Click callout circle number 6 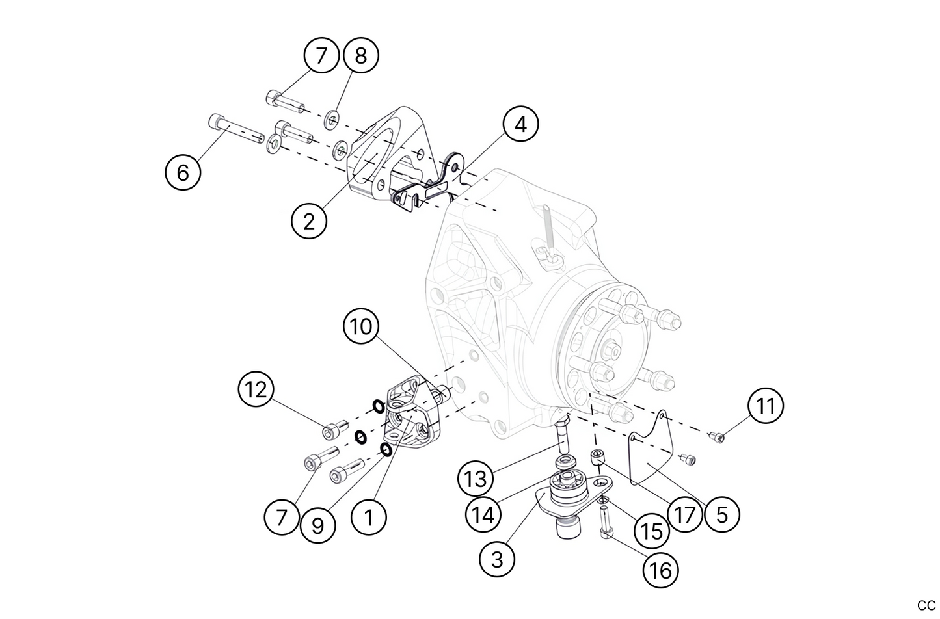pyautogui.click(x=183, y=173)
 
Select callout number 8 pyautogui.click(x=360, y=55)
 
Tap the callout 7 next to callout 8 pyautogui.click(x=321, y=55)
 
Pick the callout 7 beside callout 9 pyautogui.click(x=282, y=518)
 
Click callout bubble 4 pyautogui.click(x=520, y=124)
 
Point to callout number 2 pyautogui.click(x=309, y=221)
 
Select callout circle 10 pyautogui.click(x=361, y=326)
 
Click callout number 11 pyautogui.click(x=766, y=406)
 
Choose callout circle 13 pyautogui.click(x=476, y=479)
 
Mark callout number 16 pyautogui.click(x=660, y=570)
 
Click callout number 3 pyautogui.click(x=498, y=559)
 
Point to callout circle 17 pyautogui.click(x=684, y=515)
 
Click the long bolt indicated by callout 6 pyautogui.click(x=237, y=130)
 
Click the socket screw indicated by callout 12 pyautogui.click(x=331, y=430)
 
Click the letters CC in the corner pyautogui.click(x=926, y=605)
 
